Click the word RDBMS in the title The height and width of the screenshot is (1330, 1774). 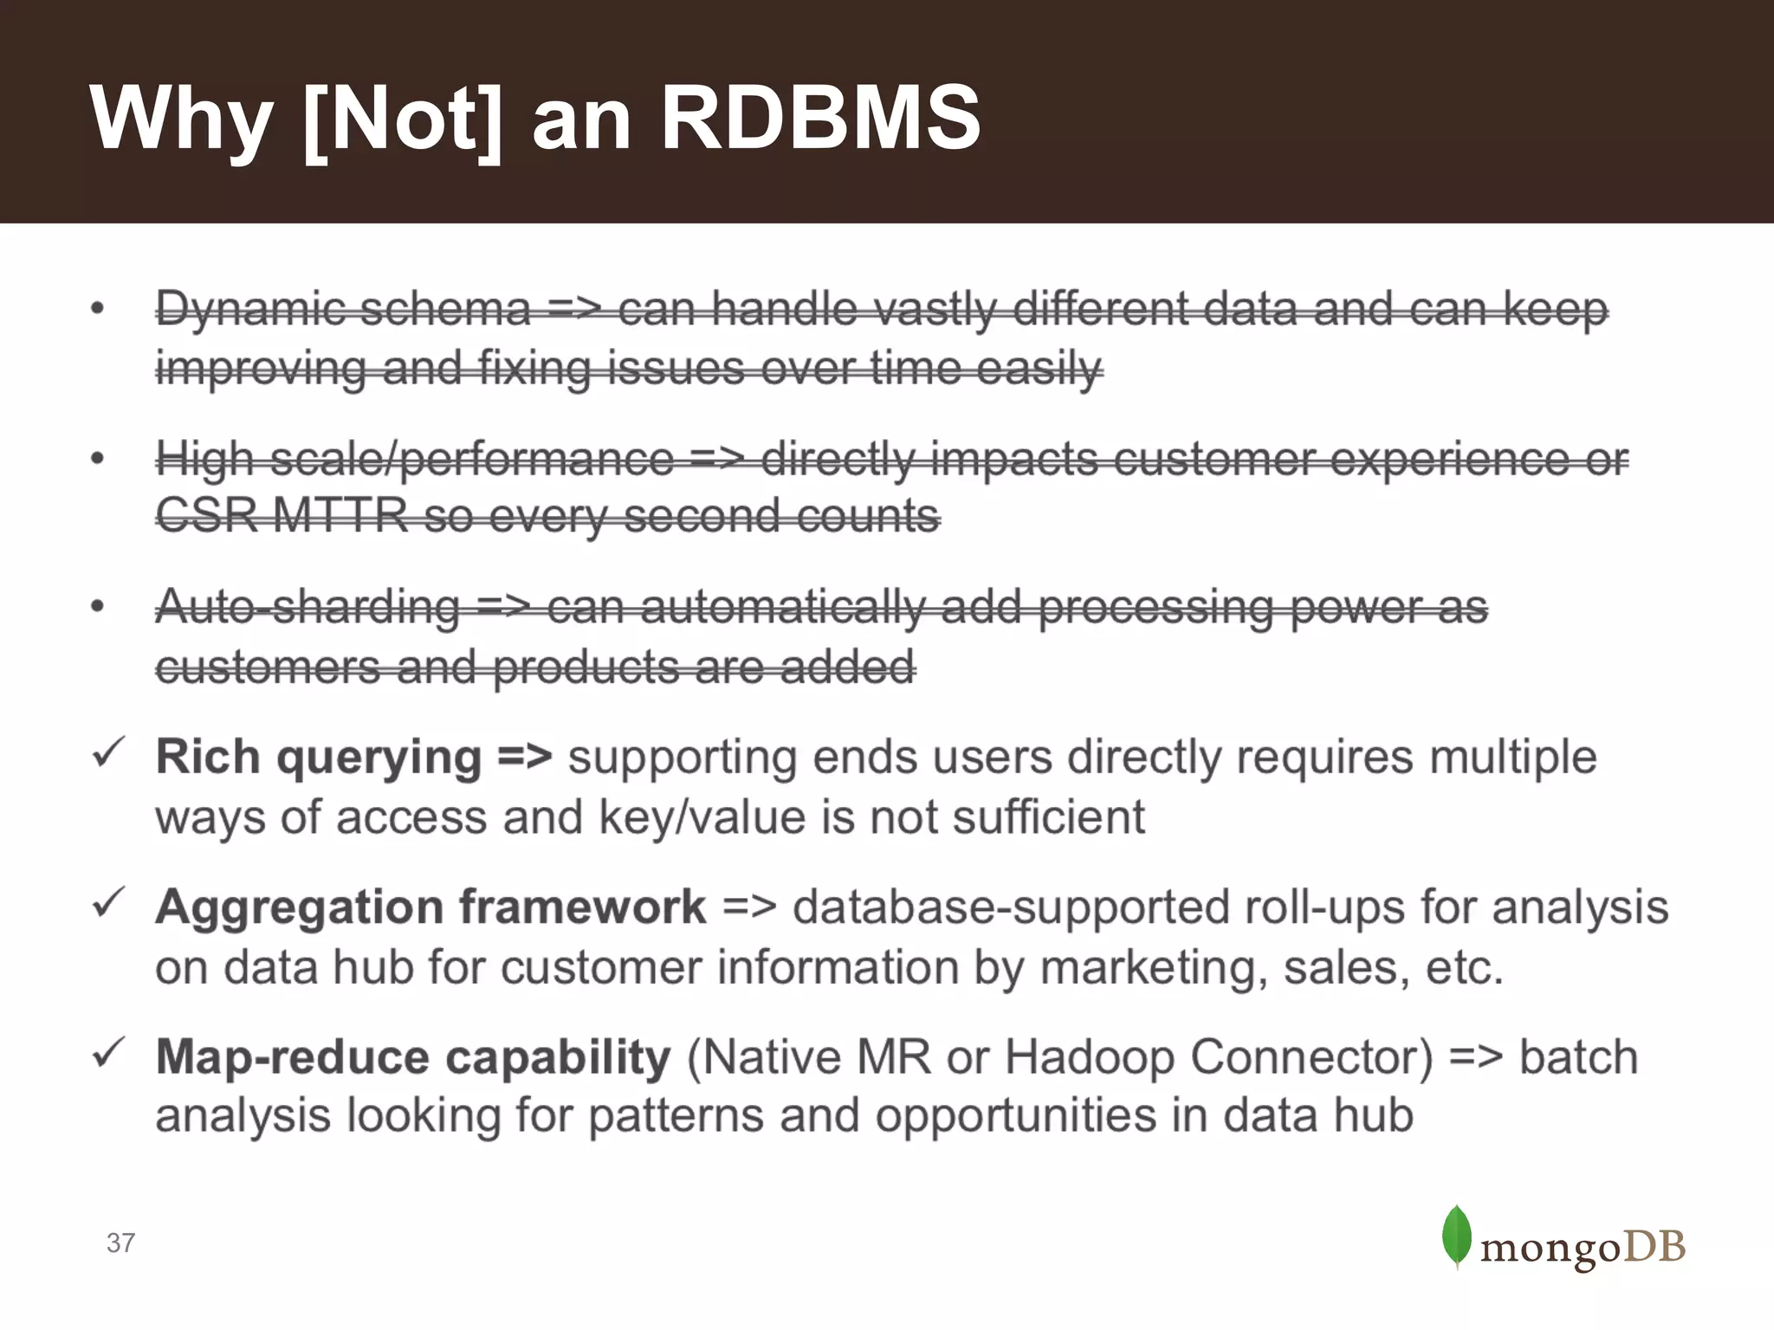820,117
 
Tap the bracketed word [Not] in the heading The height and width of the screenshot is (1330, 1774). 403,119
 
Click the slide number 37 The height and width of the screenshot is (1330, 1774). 120,1243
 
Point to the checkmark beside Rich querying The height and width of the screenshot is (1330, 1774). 108,753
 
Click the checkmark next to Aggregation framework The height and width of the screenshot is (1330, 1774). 108,903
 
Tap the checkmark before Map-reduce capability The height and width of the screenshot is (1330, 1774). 108,1053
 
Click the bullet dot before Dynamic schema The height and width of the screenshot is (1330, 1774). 98,308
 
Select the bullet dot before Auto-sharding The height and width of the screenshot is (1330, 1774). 98,606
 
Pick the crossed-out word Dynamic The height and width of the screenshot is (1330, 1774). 250,310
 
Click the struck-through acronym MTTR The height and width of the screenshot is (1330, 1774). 340,516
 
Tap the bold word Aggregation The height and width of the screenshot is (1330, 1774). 300,907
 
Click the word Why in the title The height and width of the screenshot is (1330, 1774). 181,119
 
